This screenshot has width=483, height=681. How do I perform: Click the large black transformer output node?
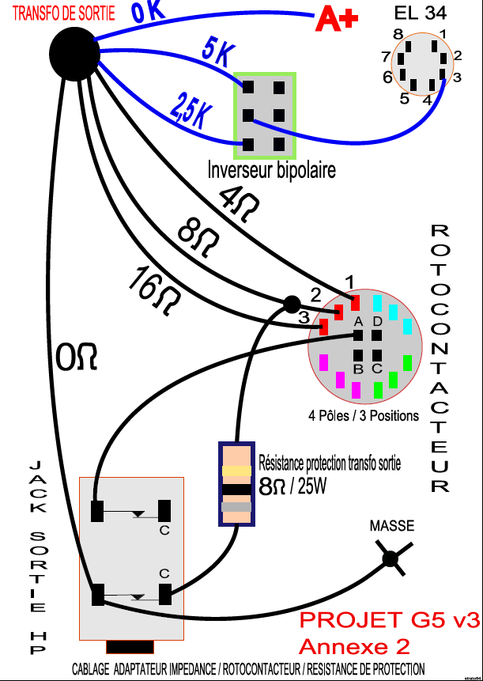[74, 53]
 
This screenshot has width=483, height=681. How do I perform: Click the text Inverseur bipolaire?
[271, 169]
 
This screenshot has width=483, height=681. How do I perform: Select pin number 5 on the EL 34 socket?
[404, 99]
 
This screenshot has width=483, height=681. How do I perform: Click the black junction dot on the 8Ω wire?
[292, 303]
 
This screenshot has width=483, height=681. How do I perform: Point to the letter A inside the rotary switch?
[358, 322]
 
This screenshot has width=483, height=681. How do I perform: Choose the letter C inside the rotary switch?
[378, 369]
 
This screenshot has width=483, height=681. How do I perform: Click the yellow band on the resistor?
[236, 471]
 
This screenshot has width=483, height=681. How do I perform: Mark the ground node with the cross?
[390, 559]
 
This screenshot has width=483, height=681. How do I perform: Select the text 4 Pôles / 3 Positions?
[364, 415]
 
